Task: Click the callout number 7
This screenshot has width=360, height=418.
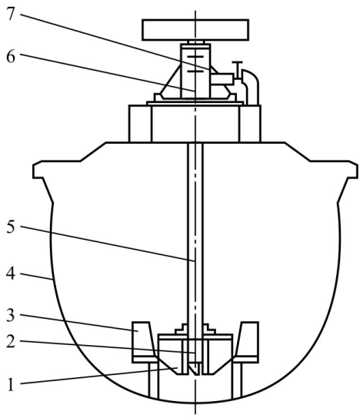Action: click(11, 14)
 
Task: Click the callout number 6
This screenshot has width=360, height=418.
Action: click(11, 57)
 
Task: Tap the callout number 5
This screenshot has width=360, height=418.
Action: click(11, 227)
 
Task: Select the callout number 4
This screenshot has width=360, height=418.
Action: click(11, 274)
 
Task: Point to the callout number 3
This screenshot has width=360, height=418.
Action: click(11, 315)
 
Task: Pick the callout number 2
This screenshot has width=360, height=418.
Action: click(11, 341)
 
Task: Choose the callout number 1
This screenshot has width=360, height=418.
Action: click(11, 385)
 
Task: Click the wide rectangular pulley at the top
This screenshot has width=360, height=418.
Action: click(195, 30)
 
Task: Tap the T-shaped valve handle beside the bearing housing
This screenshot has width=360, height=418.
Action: click(237, 70)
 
